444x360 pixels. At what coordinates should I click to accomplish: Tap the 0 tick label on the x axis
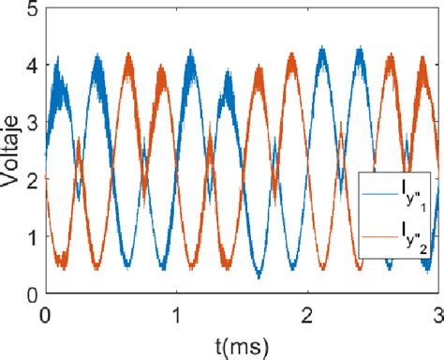[44, 315]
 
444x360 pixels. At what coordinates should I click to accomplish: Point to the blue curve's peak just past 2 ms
[322, 49]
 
